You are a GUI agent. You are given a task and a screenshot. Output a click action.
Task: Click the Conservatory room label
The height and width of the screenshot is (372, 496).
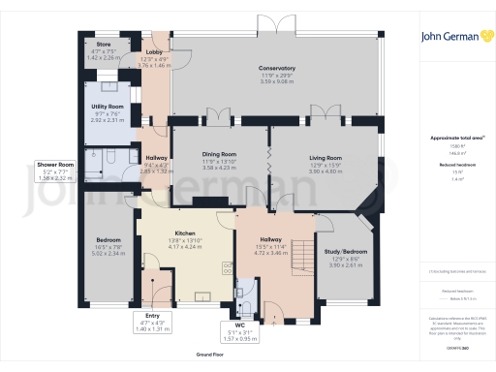[x=277, y=68]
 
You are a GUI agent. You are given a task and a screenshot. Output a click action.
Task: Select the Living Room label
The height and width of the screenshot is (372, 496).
[x=325, y=157]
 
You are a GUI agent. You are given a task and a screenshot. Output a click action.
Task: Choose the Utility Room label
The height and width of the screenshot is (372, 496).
[x=108, y=105]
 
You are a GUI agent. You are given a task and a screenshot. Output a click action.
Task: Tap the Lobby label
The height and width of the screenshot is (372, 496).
[x=154, y=52]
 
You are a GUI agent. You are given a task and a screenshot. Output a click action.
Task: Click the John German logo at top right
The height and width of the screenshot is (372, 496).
[x=455, y=38]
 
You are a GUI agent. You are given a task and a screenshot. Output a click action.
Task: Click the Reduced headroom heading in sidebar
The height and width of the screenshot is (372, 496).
[x=455, y=167]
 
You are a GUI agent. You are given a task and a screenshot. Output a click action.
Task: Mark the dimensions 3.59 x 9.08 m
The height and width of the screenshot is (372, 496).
[x=277, y=80]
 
